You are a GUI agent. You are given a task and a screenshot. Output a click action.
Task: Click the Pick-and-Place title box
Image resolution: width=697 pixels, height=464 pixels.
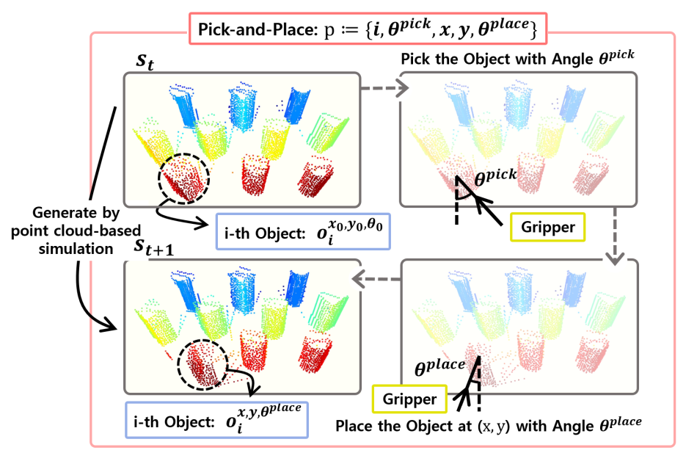[x=368, y=29]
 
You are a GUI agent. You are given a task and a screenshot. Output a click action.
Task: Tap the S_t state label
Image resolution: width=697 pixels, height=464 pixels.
[x=145, y=62]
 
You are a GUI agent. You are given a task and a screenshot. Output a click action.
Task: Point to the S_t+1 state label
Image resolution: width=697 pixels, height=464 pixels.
[x=154, y=247]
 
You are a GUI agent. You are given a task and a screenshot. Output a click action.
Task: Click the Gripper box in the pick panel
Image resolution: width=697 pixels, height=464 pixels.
[x=547, y=228]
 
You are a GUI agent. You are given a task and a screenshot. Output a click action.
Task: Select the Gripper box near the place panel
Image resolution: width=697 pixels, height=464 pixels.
[x=409, y=399]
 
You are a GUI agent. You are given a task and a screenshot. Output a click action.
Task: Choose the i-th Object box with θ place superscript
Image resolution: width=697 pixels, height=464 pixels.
[x=217, y=421]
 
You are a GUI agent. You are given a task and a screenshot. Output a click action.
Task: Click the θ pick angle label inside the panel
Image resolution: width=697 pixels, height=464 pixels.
[x=495, y=177]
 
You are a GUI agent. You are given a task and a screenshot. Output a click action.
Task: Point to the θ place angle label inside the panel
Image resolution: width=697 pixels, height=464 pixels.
[x=439, y=367]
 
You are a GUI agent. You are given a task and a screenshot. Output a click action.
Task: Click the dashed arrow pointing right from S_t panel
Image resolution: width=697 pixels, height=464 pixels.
[x=384, y=88]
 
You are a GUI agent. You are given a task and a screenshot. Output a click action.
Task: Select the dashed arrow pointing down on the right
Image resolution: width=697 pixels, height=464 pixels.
[x=616, y=236]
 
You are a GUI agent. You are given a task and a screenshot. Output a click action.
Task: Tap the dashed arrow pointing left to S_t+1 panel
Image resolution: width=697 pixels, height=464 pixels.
[x=376, y=280]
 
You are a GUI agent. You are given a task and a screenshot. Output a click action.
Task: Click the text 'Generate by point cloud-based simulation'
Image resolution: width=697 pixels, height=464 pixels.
[x=76, y=231]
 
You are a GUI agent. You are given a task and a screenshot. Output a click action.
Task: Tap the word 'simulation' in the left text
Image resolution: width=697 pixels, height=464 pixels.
[x=76, y=249]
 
